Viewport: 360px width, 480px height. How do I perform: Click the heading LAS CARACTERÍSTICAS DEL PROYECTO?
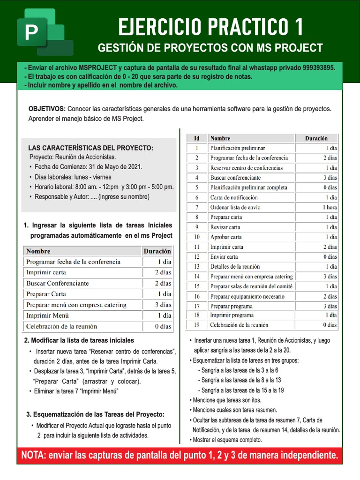90,148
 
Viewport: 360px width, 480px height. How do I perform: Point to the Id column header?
197,138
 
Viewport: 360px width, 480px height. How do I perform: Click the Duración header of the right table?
316,138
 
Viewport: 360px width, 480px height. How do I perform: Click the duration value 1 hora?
329,207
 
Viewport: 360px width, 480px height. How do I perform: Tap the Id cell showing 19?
197,325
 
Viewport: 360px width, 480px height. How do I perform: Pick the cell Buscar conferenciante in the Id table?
235,178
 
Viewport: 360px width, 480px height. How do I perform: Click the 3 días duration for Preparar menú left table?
163,305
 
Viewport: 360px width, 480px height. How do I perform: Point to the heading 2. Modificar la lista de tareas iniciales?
79,340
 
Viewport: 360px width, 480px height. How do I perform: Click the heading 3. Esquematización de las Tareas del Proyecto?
95,414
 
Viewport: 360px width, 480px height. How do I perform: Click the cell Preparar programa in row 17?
232,306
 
